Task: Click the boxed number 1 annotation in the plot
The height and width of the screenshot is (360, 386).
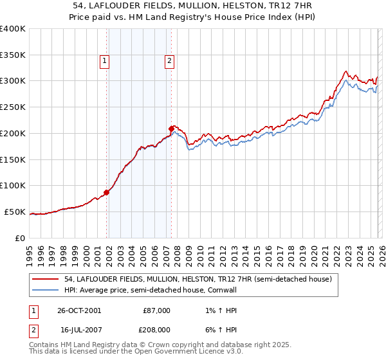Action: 104,61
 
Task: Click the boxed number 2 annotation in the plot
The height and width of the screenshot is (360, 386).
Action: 169,61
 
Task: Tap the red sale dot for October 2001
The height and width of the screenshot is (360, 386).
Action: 107,192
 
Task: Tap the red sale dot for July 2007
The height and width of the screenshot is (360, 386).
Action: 171,129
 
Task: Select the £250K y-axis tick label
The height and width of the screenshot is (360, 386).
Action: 13,107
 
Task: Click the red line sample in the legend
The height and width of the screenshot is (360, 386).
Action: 46,279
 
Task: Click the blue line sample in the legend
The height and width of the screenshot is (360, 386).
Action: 46,290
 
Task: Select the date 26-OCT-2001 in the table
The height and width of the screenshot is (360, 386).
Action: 80,310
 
